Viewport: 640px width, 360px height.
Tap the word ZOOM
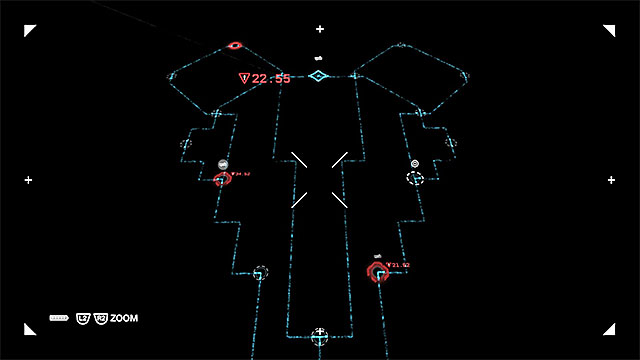pos(125,318)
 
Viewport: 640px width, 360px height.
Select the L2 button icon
pos(84,318)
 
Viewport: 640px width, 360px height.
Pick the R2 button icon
pos(100,318)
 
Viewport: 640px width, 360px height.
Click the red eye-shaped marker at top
pos(235,45)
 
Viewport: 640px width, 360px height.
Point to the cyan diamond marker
pos(318,76)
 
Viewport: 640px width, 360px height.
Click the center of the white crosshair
pos(320,180)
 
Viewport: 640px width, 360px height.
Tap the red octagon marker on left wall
pos(222,180)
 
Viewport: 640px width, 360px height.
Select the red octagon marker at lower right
pos(377,273)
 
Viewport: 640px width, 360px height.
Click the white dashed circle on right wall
pos(415,177)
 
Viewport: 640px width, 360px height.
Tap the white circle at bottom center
pos(320,333)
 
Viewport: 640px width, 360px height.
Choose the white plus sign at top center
pos(320,28)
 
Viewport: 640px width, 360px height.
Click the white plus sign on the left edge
pos(28,180)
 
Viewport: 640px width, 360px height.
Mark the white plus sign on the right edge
pos(611,180)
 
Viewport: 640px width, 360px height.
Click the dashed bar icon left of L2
pos(59,318)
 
